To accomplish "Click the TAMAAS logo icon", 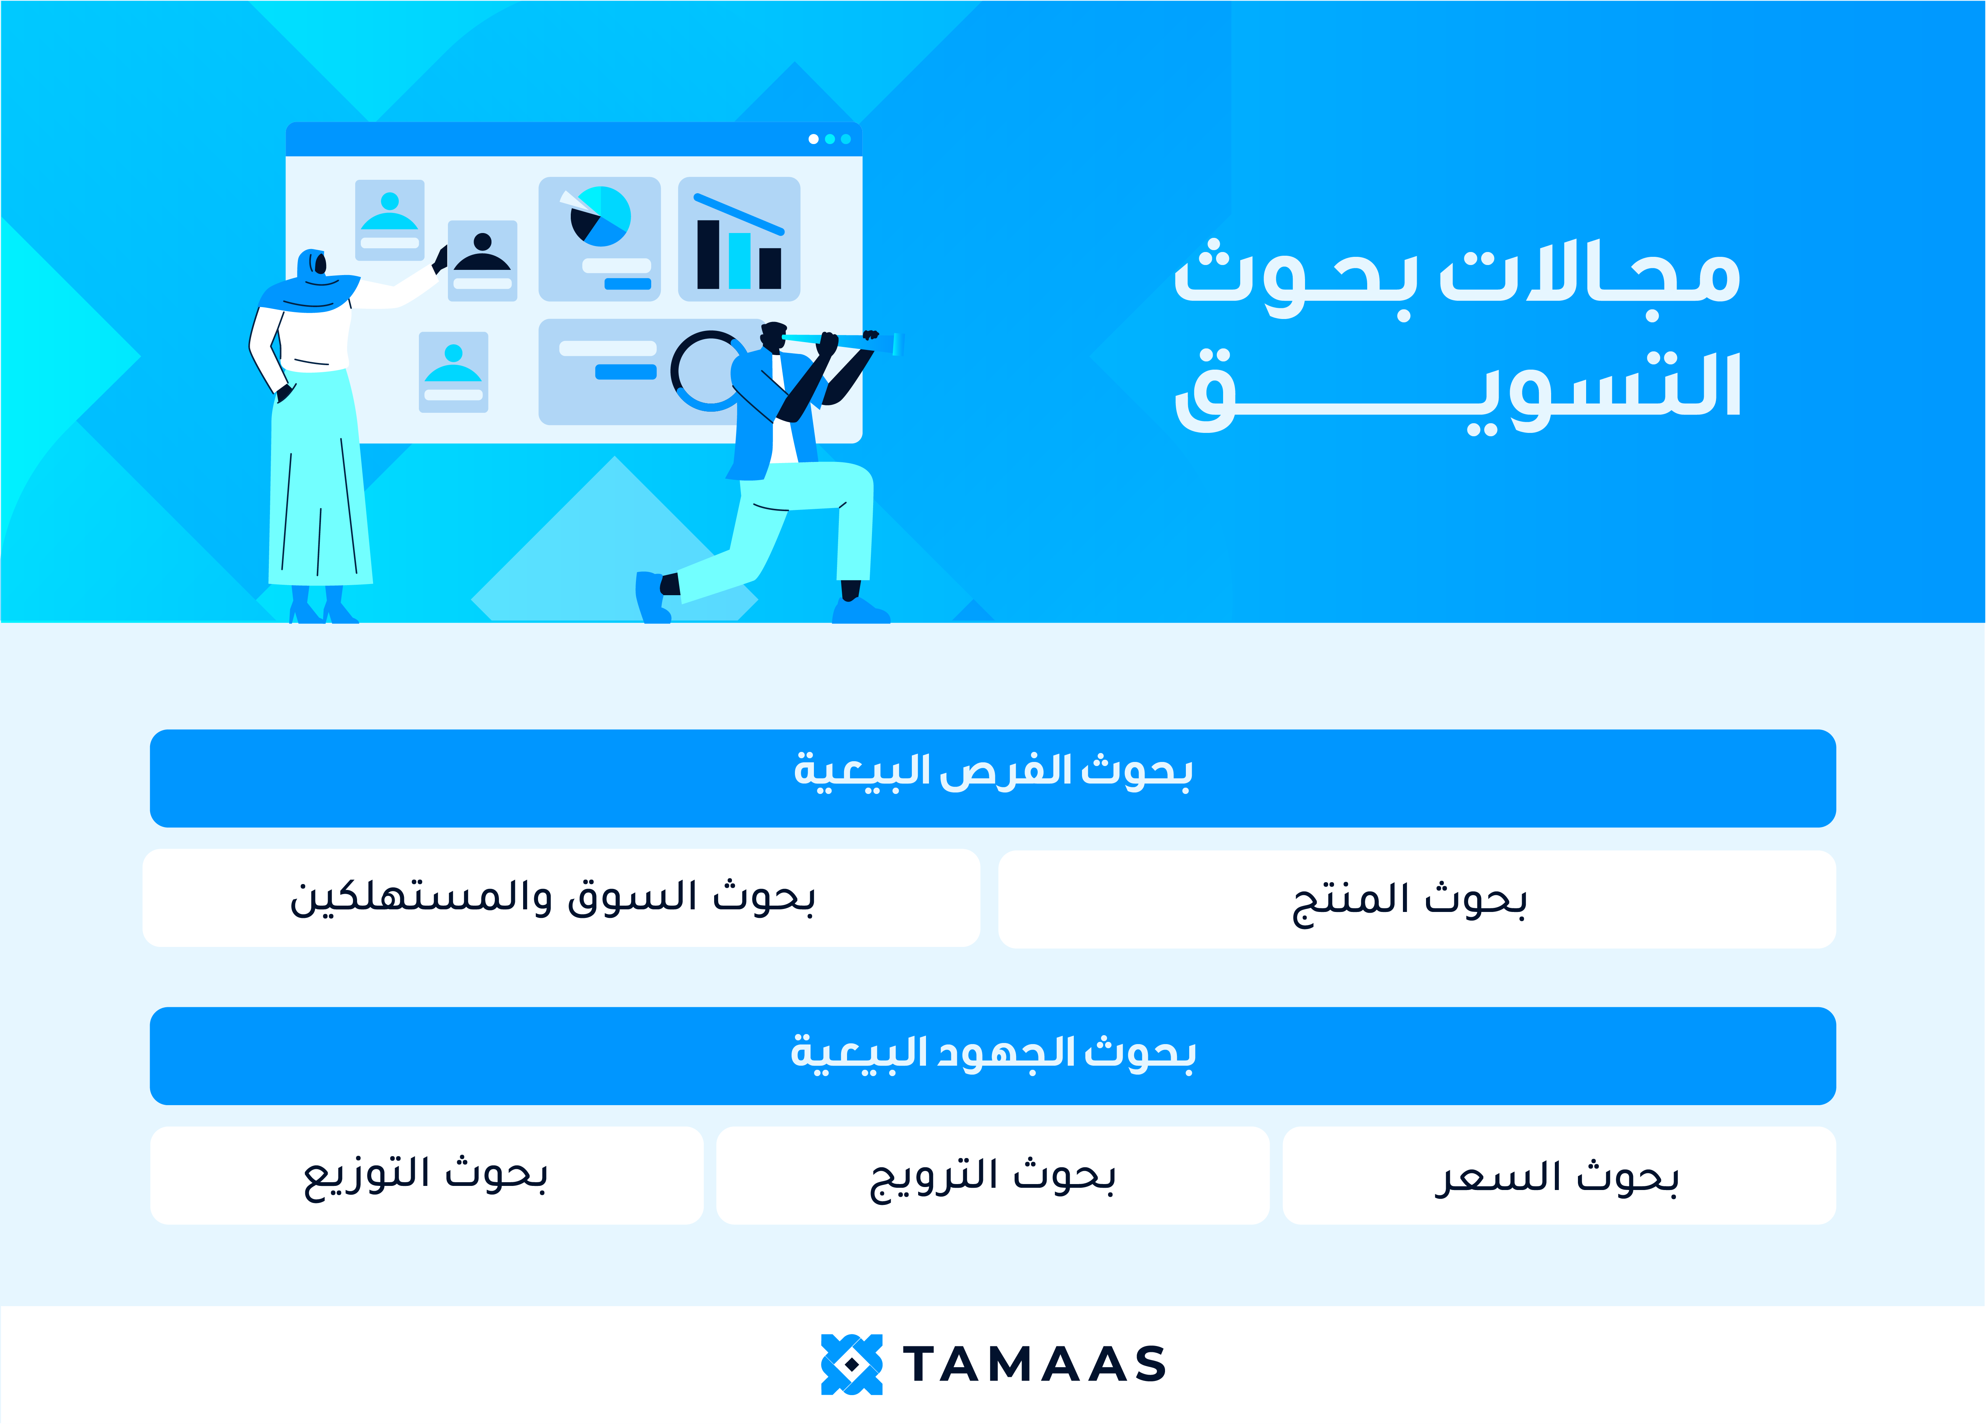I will click(851, 1364).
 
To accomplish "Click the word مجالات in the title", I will click(1589, 273).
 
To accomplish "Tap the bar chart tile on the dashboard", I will click(739, 239).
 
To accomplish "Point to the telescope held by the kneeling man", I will click(841, 341).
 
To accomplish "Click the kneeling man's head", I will click(773, 337).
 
